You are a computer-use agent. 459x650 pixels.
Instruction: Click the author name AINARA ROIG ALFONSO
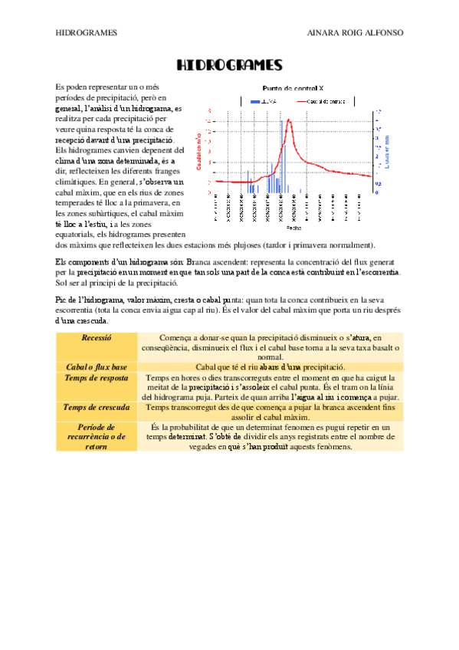[354, 33]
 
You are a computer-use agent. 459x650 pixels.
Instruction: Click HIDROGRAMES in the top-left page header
[87, 33]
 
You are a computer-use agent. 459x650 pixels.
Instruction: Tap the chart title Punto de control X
[293, 88]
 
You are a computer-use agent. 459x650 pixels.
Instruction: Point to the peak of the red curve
[289, 120]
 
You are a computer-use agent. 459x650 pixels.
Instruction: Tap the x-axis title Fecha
[293, 228]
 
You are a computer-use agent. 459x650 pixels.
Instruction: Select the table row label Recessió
[96, 337]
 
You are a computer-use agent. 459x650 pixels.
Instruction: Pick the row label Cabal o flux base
[96, 367]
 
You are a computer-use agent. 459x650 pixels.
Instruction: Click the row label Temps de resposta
[96, 378]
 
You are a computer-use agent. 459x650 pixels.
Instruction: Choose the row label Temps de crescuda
[96, 408]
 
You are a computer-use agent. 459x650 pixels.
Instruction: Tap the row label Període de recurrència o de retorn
[96, 436]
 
